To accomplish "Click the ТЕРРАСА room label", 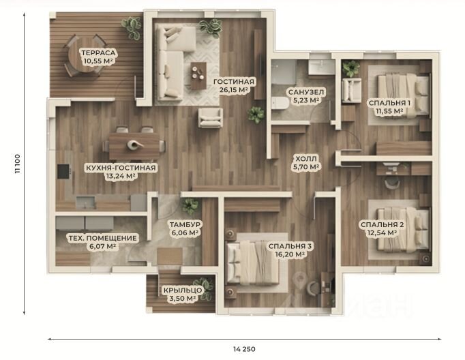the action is coord(98,53).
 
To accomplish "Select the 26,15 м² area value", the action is coord(234,90).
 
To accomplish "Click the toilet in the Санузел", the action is coord(280,104).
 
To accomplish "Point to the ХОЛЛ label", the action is coord(305,158).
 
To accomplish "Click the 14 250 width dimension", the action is coord(244,349).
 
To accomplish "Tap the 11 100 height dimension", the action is coord(18,164).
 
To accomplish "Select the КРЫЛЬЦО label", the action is coord(183,290).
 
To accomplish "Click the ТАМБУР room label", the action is coord(185,224).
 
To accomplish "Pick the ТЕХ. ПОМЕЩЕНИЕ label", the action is coord(102,238).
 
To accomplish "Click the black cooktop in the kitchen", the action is coord(63,171).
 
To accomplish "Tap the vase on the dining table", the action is coord(134,145).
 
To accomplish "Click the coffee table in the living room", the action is coord(198,76).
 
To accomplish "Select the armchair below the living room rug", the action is coord(211,118).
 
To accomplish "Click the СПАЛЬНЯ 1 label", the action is coord(389,103).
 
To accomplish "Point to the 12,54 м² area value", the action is coord(382,233).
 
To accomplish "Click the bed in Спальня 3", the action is coord(252,262).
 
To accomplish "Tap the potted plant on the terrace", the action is coord(132,27).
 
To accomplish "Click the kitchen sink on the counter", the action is coord(86,202).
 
